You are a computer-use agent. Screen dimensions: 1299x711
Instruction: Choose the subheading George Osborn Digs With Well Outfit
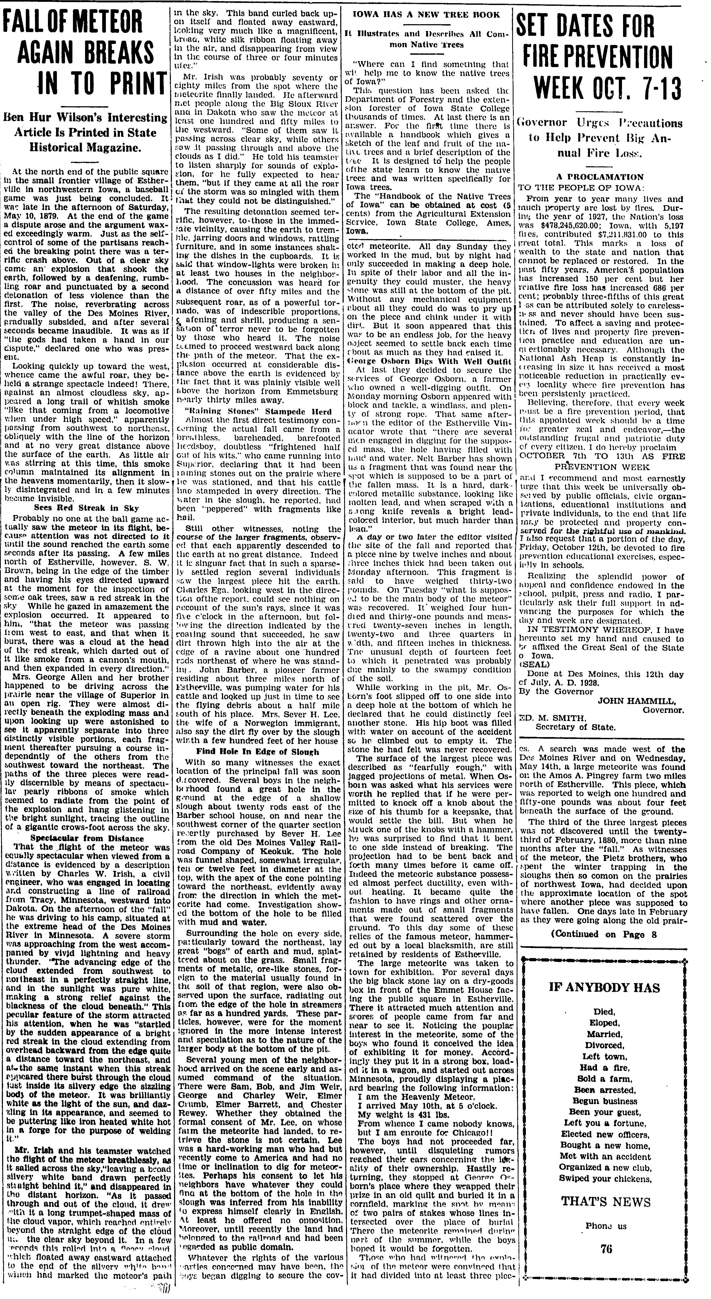coord(427,361)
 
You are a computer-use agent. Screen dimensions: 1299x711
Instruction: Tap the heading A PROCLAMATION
coord(600,177)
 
